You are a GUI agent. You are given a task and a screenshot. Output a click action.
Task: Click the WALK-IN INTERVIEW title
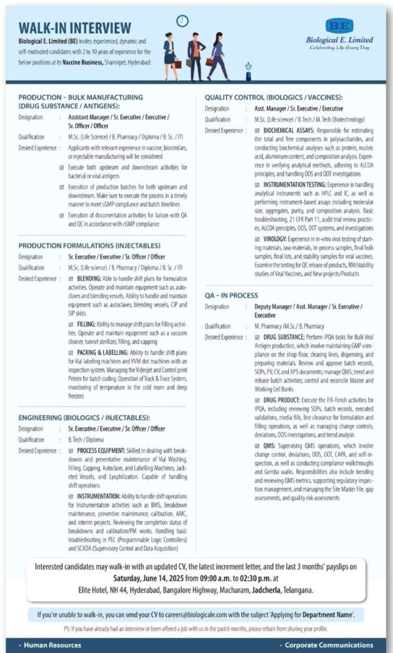point(74,27)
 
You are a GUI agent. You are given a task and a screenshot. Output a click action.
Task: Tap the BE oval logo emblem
point(339,26)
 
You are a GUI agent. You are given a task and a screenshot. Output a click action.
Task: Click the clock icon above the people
point(183,21)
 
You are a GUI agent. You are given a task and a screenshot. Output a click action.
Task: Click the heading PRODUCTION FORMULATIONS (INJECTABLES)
point(89,246)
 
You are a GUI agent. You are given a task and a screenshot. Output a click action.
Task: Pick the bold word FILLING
point(86,324)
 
